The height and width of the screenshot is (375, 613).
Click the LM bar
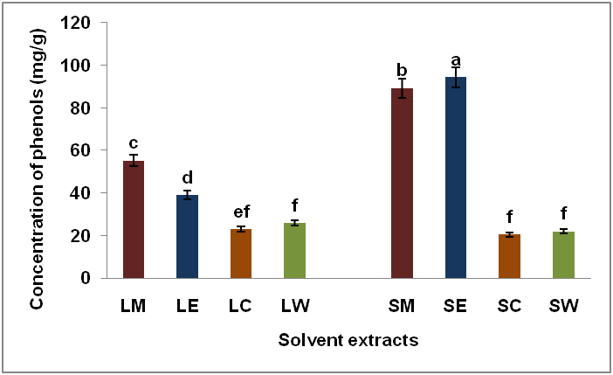(134, 219)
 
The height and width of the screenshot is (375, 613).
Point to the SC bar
(508, 256)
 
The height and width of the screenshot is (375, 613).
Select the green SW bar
(562, 254)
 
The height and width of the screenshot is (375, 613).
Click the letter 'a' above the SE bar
(455, 60)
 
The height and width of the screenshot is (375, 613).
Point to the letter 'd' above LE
(187, 177)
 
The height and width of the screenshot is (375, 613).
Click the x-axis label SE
(455, 307)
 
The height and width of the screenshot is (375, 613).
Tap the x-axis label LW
(294, 307)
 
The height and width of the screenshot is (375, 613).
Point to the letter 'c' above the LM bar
(134, 143)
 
